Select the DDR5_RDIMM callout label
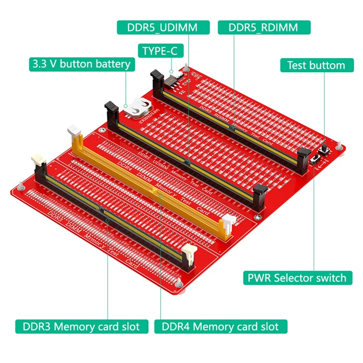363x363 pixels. coord(264,27)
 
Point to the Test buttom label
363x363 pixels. coord(316,65)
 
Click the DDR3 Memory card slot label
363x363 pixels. coord(82,326)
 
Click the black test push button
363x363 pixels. coord(325,150)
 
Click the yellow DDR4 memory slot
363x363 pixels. coord(150,186)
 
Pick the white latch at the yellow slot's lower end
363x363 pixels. coord(226,225)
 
